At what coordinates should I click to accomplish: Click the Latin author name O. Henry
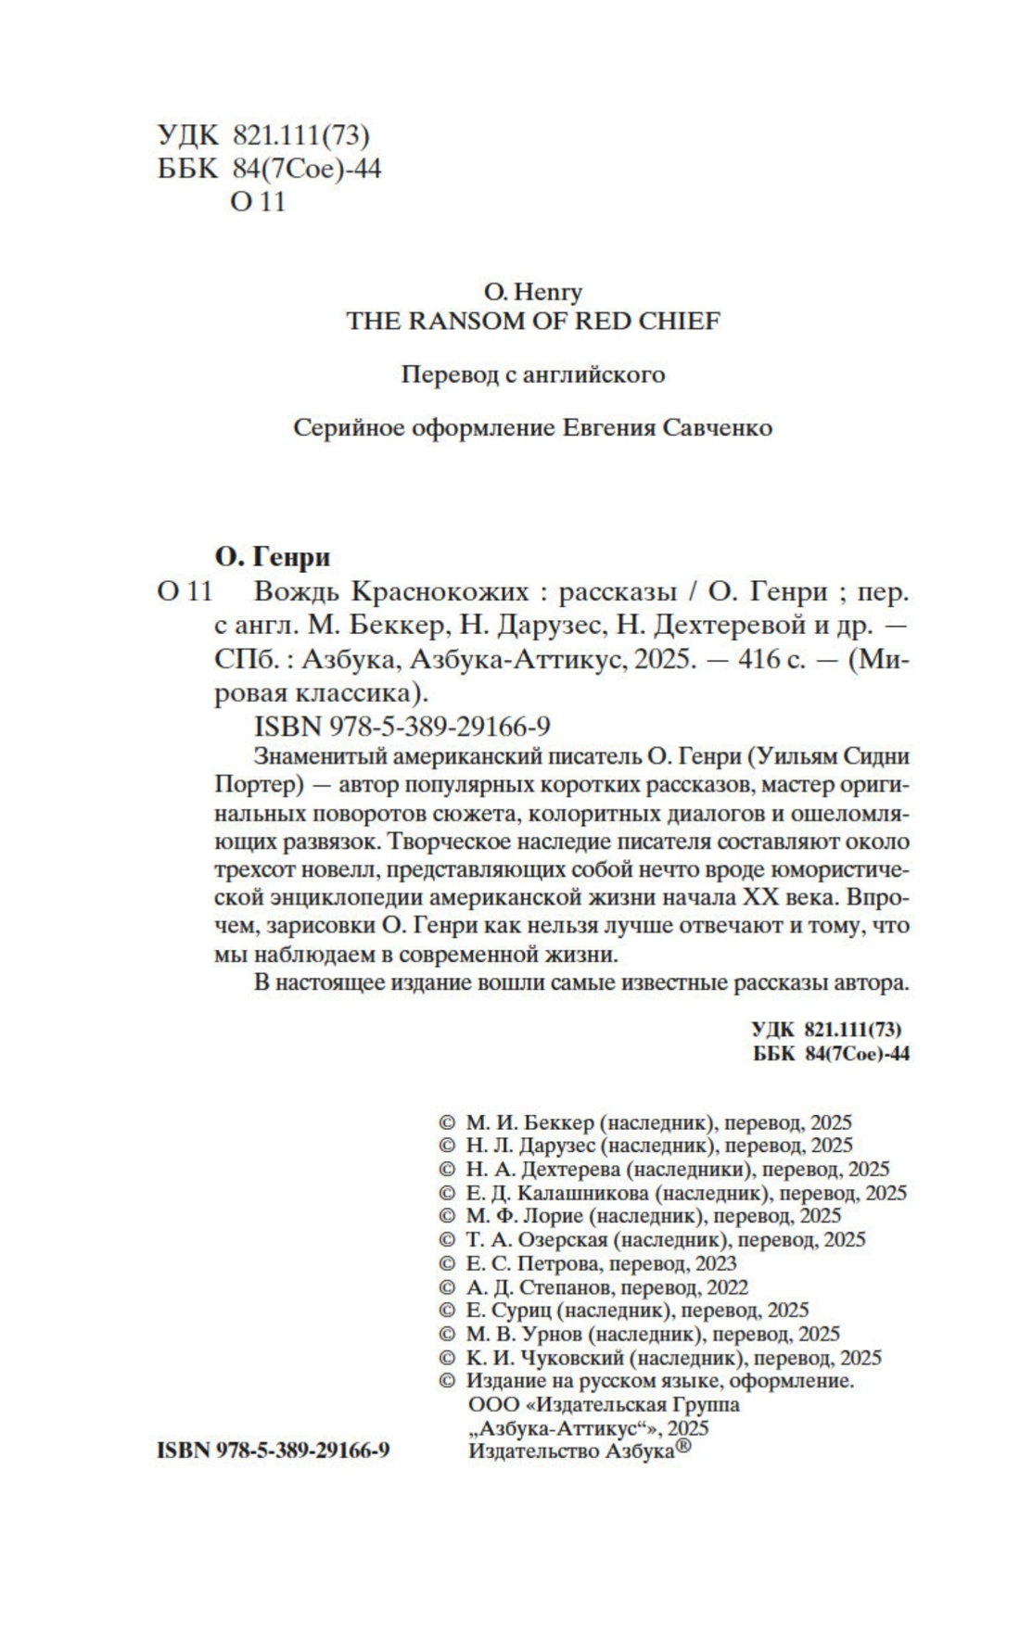[x=533, y=292]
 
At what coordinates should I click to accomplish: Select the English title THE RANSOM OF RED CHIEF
[x=533, y=321]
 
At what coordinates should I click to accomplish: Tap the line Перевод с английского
[x=533, y=374]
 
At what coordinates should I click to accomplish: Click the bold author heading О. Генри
[x=272, y=556]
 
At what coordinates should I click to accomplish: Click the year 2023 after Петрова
[x=713, y=1263]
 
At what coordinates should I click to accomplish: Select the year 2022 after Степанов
[x=726, y=1286]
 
